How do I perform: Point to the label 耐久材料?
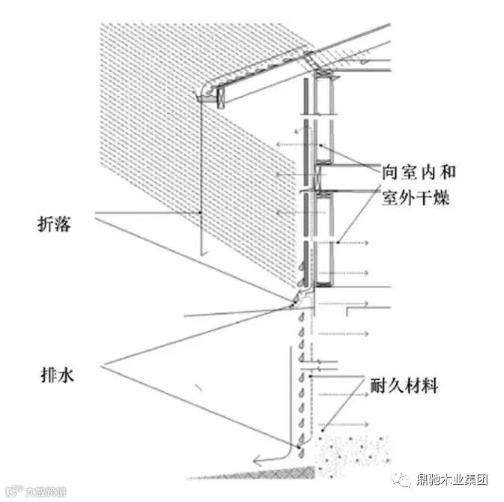(x=404, y=387)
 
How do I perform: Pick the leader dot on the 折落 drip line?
(x=201, y=214)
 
